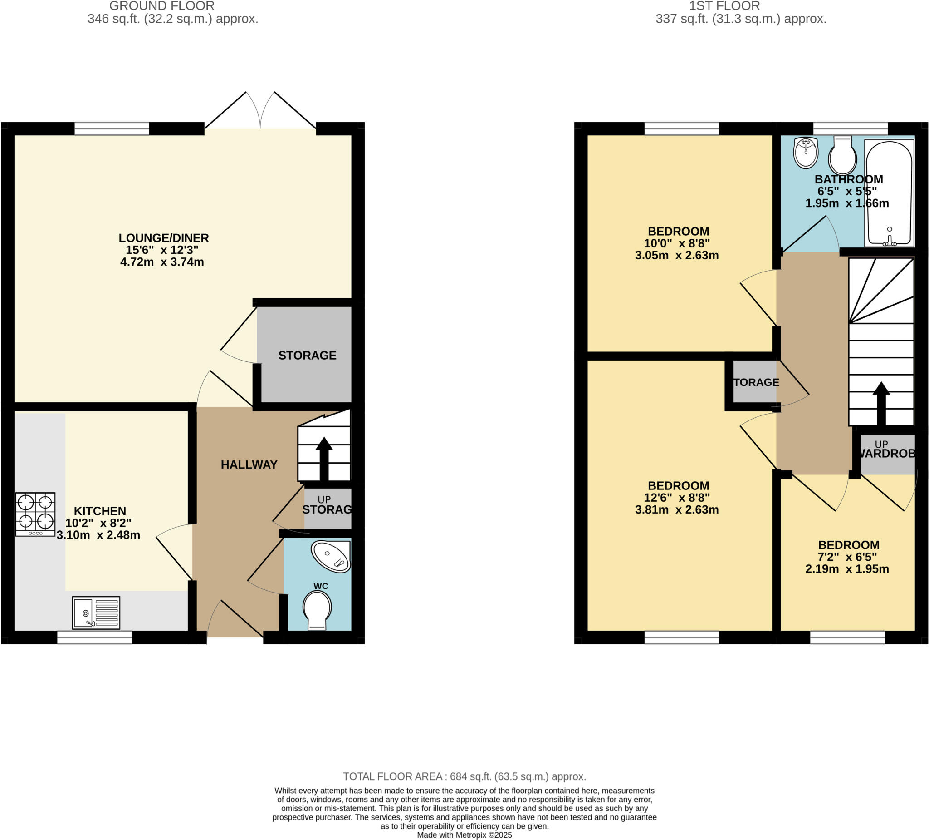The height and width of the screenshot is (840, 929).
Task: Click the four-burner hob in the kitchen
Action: [x=35, y=514]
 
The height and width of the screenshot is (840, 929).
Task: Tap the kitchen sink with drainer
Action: [x=96, y=613]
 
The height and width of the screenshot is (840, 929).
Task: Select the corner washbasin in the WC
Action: [x=331, y=556]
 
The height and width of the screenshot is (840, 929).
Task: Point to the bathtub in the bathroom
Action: [x=889, y=193]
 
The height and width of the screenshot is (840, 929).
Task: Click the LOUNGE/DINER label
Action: [x=164, y=238]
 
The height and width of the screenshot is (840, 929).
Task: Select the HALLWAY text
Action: [x=249, y=464]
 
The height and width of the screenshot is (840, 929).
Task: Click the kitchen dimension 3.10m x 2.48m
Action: [x=98, y=535]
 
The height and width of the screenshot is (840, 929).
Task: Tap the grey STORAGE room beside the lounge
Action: [x=306, y=355]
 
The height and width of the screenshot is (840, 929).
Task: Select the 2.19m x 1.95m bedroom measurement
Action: [x=847, y=569]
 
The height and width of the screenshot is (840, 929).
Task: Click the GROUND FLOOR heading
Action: [x=162, y=6]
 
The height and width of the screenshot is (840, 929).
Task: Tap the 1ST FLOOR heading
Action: [x=724, y=6]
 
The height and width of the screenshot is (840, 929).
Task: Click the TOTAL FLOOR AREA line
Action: [x=464, y=776]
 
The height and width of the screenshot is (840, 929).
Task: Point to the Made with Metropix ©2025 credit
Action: [x=464, y=835]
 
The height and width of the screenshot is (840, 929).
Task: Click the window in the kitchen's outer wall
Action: [x=94, y=637]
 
